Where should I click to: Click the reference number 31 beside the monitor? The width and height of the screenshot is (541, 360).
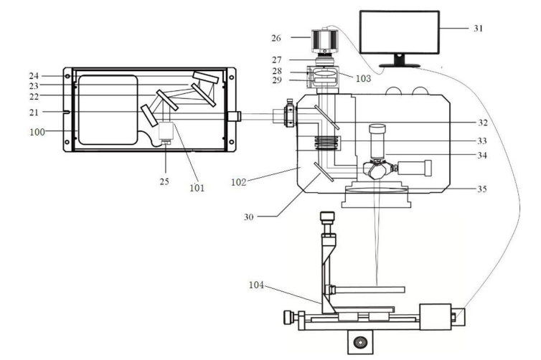tap(478, 29)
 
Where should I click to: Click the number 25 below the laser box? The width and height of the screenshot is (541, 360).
tap(164, 181)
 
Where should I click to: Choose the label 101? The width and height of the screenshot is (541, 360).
tap(195, 189)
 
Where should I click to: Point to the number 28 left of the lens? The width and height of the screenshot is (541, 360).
tap(297, 72)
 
